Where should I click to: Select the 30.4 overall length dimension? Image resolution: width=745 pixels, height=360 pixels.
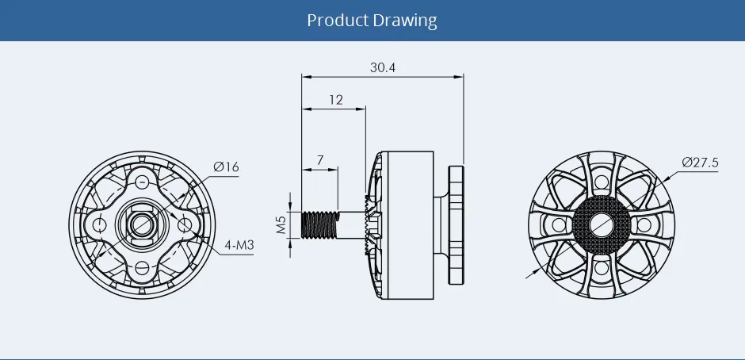pyautogui.click(x=382, y=67)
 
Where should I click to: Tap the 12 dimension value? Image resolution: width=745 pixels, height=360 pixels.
pyautogui.click(x=335, y=100)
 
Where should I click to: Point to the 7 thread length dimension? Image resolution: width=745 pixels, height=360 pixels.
pyautogui.click(x=320, y=159)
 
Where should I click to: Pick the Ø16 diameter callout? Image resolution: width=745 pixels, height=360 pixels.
pyautogui.click(x=226, y=167)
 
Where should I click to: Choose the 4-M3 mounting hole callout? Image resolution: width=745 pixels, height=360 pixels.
pyautogui.click(x=238, y=245)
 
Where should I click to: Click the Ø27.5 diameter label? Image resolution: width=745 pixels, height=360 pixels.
pyautogui.click(x=699, y=163)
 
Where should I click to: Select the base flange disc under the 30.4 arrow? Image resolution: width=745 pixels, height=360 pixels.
pyautogui.click(x=456, y=225)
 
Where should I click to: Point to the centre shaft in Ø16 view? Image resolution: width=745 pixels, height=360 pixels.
pyautogui.click(x=141, y=225)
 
